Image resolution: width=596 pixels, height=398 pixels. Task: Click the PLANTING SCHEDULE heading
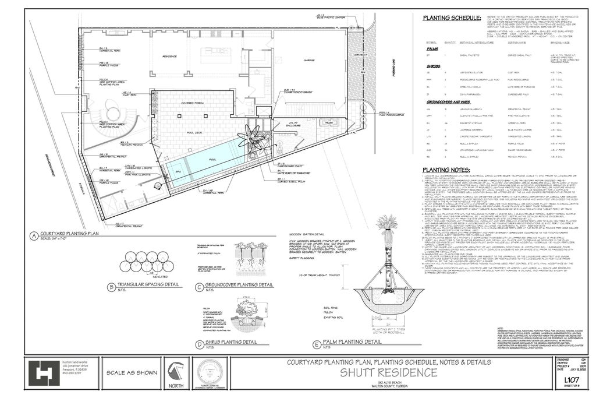452,18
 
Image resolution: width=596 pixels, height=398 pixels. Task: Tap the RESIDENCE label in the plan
169,57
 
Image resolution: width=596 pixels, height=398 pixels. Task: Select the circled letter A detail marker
34,237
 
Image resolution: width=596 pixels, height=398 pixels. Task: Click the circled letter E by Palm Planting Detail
317,343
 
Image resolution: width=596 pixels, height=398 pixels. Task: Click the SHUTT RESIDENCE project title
388,372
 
